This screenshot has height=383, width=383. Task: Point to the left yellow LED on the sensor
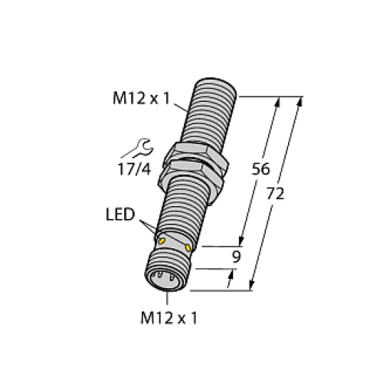pos(162,241)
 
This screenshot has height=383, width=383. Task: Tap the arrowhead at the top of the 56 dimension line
pos(276,102)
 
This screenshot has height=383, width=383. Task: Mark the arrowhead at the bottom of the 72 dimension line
pos(252,286)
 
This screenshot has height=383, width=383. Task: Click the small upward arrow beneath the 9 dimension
pos(231,284)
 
